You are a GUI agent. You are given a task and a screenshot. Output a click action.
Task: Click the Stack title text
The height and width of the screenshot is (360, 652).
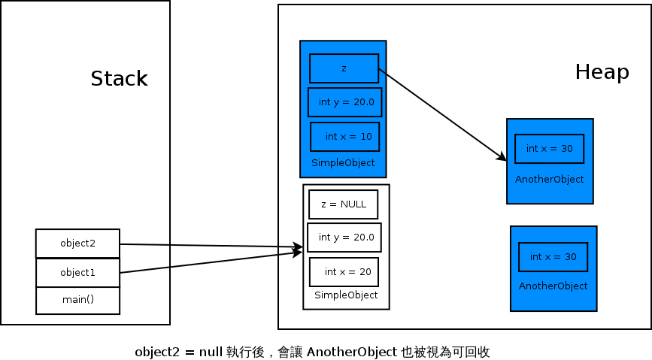[x=119, y=79]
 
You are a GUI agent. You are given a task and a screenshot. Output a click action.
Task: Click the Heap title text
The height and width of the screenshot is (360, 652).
[x=602, y=72]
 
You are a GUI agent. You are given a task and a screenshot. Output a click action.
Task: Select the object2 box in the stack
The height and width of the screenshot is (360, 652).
[x=77, y=244]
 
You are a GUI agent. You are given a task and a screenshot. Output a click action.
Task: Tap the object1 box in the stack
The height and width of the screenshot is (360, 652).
[x=77, y=273]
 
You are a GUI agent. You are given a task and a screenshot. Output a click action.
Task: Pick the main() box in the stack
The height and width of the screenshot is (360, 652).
[x=77, y=301]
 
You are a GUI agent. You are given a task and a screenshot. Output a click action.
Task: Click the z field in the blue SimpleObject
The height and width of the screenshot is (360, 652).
[x=344, y=68]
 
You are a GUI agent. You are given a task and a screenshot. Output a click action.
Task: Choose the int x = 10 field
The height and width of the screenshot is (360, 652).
[x=345, y=137]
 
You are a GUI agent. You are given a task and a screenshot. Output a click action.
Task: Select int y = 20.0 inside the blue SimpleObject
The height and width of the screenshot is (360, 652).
[x=345, y=102]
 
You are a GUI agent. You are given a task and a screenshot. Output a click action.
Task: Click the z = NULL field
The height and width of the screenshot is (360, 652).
[x=343, y=204]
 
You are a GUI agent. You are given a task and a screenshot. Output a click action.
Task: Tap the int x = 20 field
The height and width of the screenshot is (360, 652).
[x=344, y=271]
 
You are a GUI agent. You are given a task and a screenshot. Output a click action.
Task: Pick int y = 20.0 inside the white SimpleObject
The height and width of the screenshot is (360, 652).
[x=344, y=237]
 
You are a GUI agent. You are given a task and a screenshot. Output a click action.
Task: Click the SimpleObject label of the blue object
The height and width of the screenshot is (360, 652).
[x=343, y=163]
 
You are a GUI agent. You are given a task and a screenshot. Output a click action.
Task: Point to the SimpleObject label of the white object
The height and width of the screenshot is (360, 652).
[x=346, y=295]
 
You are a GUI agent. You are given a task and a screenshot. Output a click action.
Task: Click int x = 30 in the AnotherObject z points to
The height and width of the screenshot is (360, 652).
[x=550, y=149]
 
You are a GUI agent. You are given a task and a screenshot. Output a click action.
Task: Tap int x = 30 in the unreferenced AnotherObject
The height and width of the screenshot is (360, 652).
[x=553, y=257]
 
